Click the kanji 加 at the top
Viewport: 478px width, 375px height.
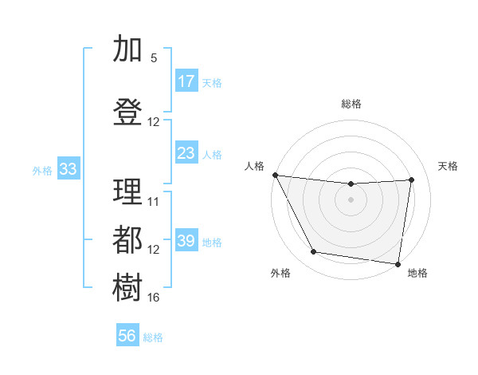point(127,49)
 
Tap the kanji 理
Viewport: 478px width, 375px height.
point(127,191)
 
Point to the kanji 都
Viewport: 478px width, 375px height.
point(127,239)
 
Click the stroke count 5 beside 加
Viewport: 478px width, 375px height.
point(154,58)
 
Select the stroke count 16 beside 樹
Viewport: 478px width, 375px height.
point(154,298)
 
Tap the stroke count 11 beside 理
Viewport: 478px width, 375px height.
point(154,201)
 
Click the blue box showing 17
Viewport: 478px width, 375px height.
point(186,81)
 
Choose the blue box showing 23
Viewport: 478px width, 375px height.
point(186,153)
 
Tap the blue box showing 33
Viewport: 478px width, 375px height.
point(68,169)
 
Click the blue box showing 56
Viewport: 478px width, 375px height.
point(127,336)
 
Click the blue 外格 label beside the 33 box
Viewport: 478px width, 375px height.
point(42,170)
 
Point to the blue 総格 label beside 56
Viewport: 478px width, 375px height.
point(153,337)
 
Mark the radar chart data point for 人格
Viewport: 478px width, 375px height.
point(275,175)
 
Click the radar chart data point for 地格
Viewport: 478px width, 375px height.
point(398,263)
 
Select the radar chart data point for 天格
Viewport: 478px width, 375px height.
point(411,180)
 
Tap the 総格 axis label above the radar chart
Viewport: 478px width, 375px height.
point(351,104)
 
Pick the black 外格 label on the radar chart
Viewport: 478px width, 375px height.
point(280,274)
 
